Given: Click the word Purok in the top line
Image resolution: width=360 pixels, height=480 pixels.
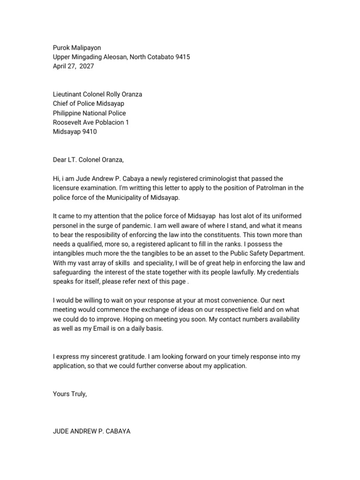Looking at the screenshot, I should click(61, 47).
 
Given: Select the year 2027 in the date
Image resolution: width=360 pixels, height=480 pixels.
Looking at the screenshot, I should click(86, 66).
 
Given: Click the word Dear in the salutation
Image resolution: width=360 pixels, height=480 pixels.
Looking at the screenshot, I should click(60, 160).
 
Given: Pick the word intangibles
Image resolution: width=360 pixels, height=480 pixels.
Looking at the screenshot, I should click(69, 254).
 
